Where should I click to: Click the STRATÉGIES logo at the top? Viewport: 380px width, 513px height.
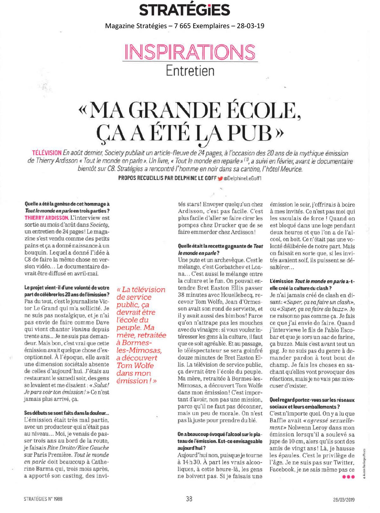(185, 10)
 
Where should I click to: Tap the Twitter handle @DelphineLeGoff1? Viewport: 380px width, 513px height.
(242, 178)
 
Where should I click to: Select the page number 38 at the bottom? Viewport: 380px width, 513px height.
(189, 499)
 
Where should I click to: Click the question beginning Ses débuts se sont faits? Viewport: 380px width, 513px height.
(66, 413)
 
